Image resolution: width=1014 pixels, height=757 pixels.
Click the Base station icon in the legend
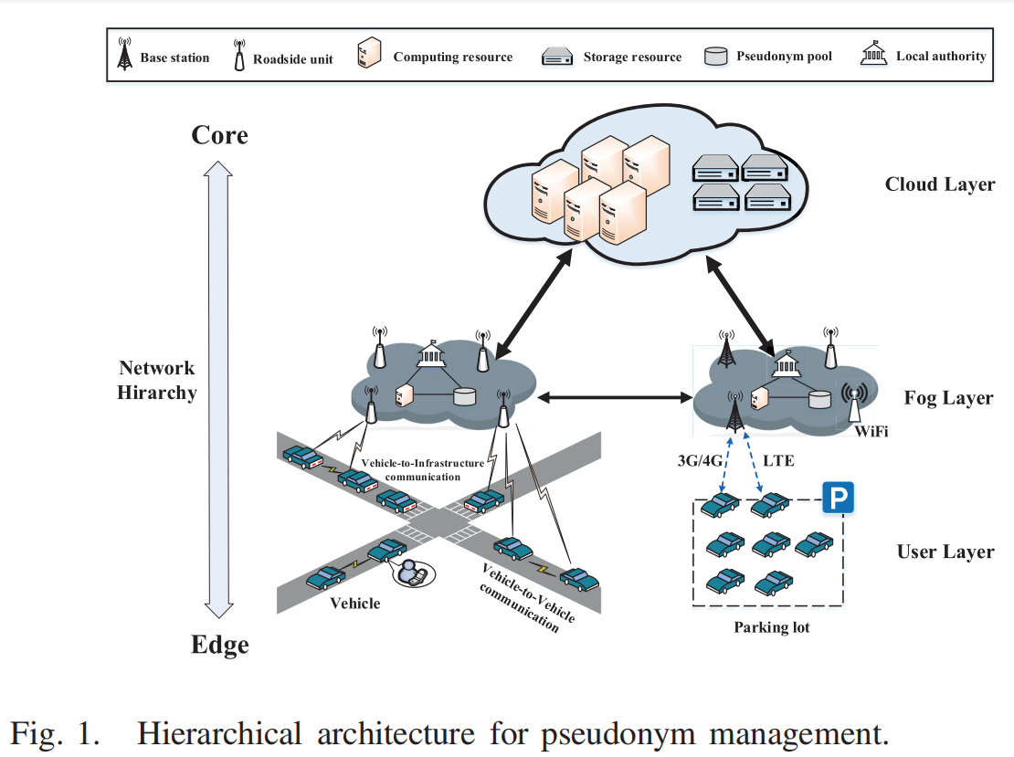124,55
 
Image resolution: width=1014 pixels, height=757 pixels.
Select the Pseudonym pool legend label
785,57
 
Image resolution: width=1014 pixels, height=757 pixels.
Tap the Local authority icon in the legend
874,55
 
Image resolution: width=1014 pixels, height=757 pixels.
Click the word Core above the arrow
219,135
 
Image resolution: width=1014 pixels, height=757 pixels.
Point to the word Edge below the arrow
219,645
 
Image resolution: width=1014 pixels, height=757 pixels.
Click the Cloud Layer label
940,184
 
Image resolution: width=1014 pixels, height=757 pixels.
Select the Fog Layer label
948,398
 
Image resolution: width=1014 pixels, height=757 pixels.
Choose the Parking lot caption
772,627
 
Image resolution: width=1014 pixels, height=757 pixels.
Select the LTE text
777,461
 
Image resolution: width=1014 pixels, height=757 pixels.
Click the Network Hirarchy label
157,381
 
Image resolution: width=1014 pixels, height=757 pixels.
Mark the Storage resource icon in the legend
556,57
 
